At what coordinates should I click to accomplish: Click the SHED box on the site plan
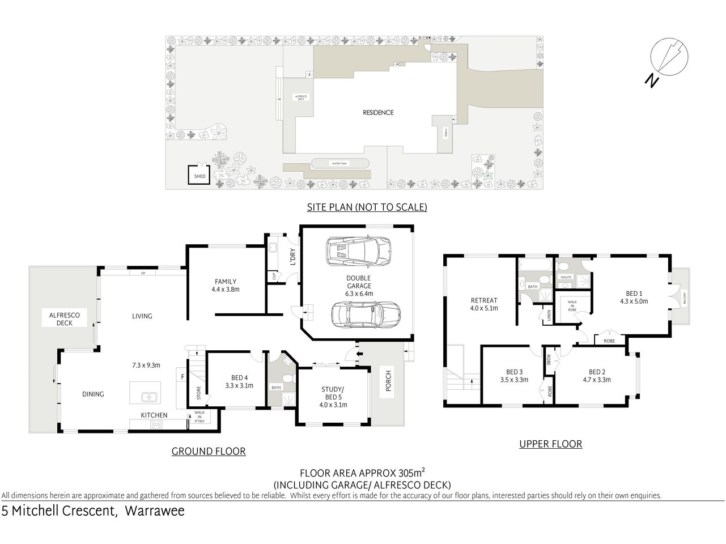[199, 176]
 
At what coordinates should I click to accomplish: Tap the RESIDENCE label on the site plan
[378, 112]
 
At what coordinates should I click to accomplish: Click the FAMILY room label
[226, 282]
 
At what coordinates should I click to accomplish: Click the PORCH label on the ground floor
[388, 384]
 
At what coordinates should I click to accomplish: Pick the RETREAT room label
[483, 301]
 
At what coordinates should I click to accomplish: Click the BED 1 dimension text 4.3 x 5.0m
[634, 301]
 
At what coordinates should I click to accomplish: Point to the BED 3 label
[515, 372]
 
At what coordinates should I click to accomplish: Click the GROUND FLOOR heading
[209, 452]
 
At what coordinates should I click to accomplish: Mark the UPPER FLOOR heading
[550, 444]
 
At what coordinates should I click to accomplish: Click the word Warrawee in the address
[154, 511]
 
